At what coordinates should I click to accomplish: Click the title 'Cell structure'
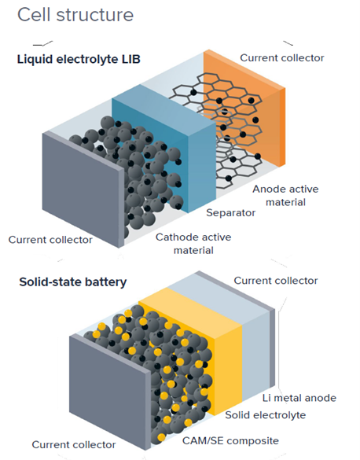[x=75, y=15]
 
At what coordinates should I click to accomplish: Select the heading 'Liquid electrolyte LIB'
[x=79, y=59]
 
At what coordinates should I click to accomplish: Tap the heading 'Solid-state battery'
[x=72, y=282]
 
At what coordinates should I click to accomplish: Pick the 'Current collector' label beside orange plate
[x=281, y=57]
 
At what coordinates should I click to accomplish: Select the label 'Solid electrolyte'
[x=265, y=414]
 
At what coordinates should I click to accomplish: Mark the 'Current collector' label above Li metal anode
[x=276, y=281]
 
